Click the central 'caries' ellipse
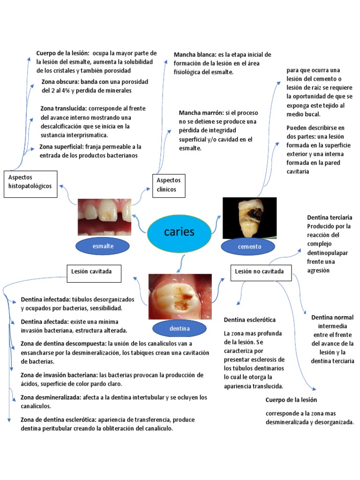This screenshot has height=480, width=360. (x=179, y=232)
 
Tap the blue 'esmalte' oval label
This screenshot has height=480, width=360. (x=103, y=246)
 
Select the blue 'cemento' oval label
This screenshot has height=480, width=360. (x=249, y=247)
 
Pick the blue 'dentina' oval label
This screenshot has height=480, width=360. (x=180, y=329)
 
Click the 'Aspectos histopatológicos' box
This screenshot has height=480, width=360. (x=30, y=182)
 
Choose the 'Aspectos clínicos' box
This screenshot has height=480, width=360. (x=169, y=185)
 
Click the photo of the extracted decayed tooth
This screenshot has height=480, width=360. (x=249, y=218)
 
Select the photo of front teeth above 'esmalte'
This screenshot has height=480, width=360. (x=105, y=217)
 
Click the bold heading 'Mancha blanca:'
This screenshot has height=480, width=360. (x=195, y=55)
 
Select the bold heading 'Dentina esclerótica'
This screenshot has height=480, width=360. (x=249, y=320)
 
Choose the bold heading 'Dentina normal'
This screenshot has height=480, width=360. (x=332, y=317)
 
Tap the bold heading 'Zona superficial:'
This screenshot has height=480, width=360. (x=61, y=147)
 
